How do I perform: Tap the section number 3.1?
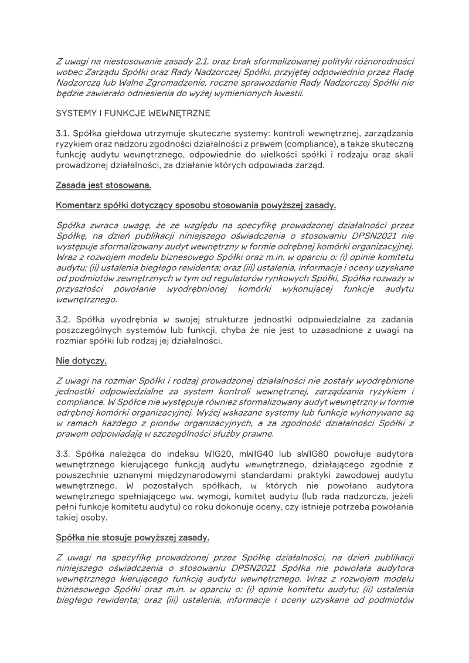click(64, 134)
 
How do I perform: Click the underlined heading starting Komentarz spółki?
click(196, 205)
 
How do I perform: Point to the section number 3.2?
click(64, 320)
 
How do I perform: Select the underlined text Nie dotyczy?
click(81, 361)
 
